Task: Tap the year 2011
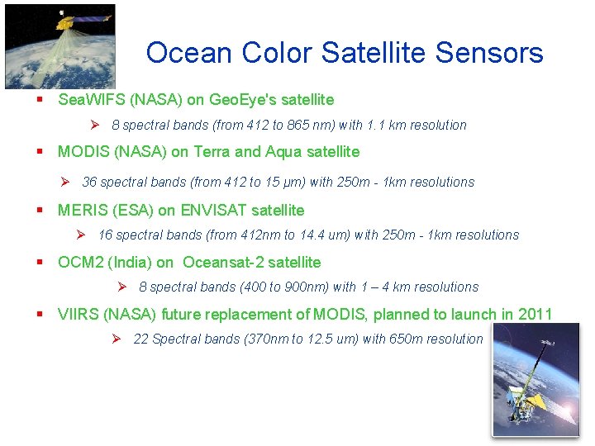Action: tap(535, 314)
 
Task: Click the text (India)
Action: tap(130, 263)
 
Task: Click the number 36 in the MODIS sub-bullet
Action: tap(89, 182)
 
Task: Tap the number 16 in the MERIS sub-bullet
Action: tap(105, 235)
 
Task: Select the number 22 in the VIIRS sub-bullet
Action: tap(140, 339)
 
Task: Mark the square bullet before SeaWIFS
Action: tap(39, 100)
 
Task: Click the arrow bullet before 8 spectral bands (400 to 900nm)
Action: tap(121, 287)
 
